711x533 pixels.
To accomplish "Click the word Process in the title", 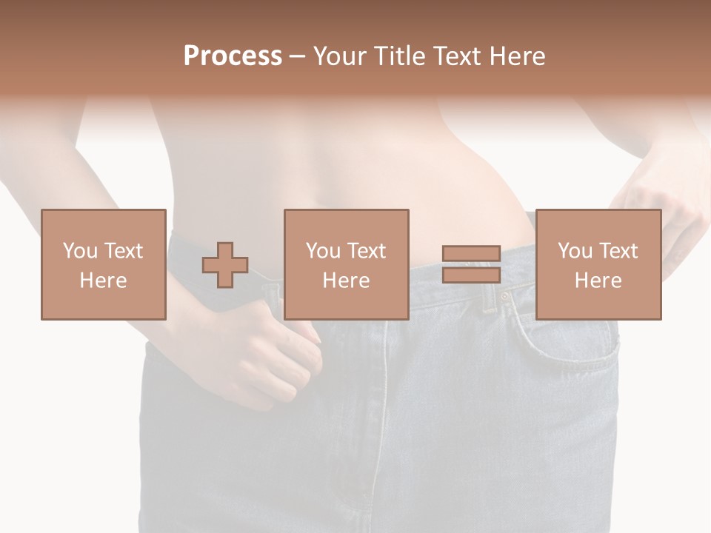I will tap(233, 56).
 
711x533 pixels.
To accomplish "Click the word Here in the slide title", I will tap(518, 56).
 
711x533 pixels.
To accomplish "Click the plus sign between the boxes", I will tap(225, 265).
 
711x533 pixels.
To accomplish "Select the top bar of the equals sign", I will tap(471, 254).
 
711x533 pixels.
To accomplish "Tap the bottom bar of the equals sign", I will tap(471, 275).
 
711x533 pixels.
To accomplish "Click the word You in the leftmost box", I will tap(80, 251).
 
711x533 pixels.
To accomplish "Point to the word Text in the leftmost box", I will tap(123, 251).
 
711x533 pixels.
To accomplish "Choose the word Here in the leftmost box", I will tap(103, 281).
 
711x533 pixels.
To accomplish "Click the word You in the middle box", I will tap(323, 251).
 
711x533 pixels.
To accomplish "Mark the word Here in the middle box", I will tap(346, 281).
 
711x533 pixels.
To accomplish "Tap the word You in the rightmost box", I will tap(575, 251).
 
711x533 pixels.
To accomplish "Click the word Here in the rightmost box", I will tap(598, 281).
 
